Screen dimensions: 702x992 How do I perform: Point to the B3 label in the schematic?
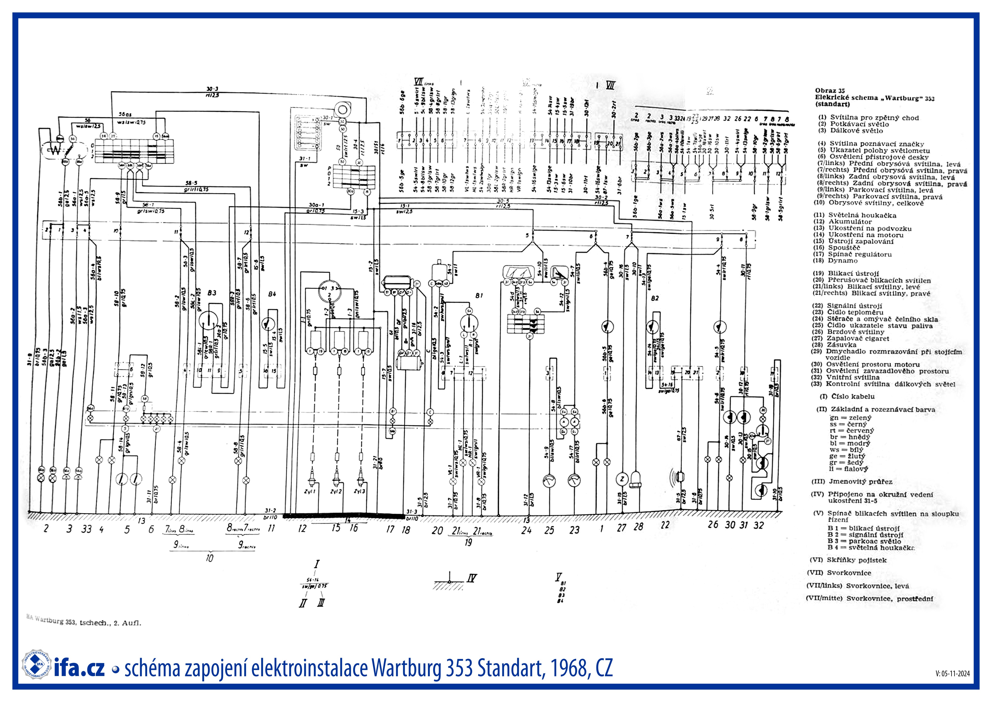tap(212, 293)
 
